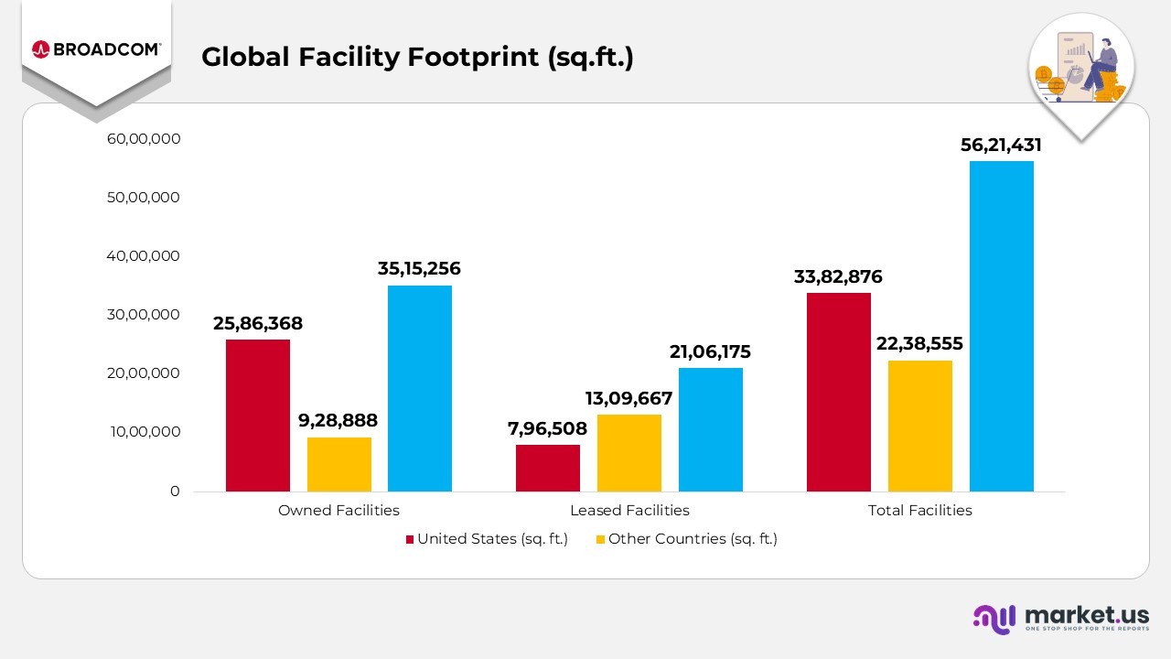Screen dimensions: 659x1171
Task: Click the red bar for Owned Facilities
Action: pyautogui.click(x=258, y=416)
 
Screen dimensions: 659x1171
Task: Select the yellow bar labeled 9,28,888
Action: pyautogui.click(x=339, y=464)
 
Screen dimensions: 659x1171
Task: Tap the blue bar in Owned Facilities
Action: pyautogui.click(x=420, y=388)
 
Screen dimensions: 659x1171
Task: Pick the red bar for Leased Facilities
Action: pyautogui.click(x=548, y=468)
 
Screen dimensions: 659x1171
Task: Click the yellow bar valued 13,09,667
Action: pyautogui.click(x=629, y=453)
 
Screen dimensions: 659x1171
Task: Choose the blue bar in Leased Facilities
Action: pyautogui.click(x=711, y=429)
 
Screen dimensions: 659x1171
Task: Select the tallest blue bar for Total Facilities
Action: pyautogui.click(x=1002, y=326)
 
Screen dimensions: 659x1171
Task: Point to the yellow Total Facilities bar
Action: pyautogui.click(x=920, y=426)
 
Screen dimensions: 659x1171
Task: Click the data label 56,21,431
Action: pyautogui.click(x=1001, y=146)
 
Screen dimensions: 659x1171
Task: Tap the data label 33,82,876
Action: pyautogui.click(x=838, y=276)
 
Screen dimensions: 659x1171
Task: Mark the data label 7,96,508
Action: pyautogui.click(x=548, y=428)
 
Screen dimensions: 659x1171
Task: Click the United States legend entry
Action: pyautogui.click(x=487, y=539)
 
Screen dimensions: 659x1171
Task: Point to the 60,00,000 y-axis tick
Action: pyautogui.click(x=144, y=139)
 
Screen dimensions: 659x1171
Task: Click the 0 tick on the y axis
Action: pyautogui.click(x=175, y=492)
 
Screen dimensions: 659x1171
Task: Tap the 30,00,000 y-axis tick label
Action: pyautogui.click(x=144, y=315)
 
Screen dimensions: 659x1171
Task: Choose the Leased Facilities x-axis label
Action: pyautogui.click(x=629, y=511)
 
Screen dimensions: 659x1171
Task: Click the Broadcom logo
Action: pyautogui.click(x=96, y=49)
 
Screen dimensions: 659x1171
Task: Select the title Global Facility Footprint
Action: pyautogui.click(x=417, y=57)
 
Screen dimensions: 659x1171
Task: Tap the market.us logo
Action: pyautogui.click(x=1061, y=618)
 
